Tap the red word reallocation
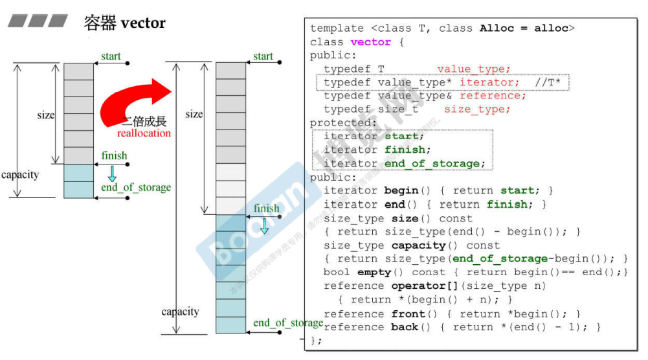point(144,133)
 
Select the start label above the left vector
point(111,56)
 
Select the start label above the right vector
point(263,56)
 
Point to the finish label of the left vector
point(114,155)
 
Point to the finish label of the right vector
point(267,208)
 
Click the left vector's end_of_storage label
point(136,187)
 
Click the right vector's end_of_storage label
point(288,322)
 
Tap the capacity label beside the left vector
point(20,174)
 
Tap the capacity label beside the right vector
point(181,311)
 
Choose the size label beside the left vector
point(46,115)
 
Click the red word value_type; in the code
point(474,69)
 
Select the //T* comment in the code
point(549,83)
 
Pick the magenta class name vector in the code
point(371,42)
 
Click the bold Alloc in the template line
point(497,28)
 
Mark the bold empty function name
point(374,272)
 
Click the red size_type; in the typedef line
point(477,109)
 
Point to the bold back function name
point(405,327)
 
